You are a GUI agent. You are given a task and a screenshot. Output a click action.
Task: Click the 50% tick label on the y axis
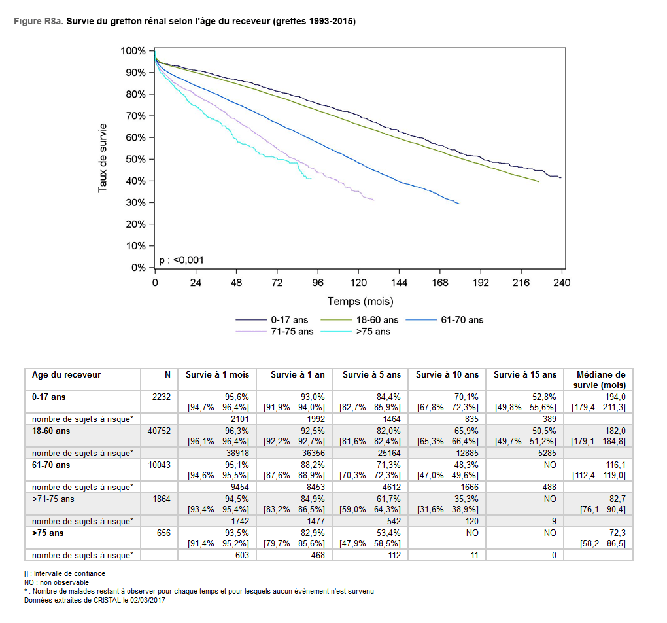click(136, 159)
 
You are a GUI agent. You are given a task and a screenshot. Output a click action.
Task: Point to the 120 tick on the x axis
click(358, 283)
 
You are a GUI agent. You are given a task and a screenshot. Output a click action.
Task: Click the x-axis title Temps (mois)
click(360, 302)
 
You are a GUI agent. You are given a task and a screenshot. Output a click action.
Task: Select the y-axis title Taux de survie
click(103, 159)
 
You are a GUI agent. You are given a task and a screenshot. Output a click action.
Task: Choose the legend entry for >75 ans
click(373, 332)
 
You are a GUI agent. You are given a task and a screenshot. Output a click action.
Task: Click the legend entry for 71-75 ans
click(292, 332)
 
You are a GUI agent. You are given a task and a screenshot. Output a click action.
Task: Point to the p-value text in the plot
click(181, 260)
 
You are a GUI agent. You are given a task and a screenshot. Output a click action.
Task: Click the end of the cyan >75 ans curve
click(311, 178)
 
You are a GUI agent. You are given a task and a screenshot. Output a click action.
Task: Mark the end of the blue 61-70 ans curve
click(459, 204)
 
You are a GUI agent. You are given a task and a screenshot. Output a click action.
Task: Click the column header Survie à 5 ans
click(371, 375)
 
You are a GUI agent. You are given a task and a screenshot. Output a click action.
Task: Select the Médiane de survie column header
click(601, 380)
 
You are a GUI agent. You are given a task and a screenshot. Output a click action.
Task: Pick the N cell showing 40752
click(159, 431)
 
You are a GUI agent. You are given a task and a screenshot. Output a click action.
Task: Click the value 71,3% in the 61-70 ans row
click(388, 465)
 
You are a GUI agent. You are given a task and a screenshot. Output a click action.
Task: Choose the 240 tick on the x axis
click(562, 283)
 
